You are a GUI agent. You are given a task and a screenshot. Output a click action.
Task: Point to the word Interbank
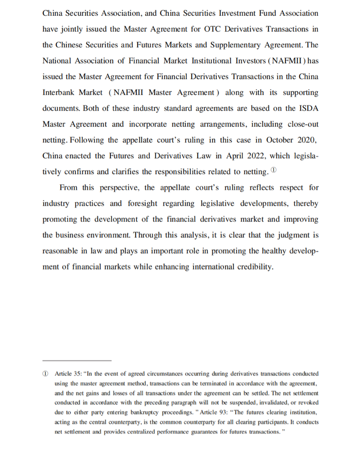coord(60,92)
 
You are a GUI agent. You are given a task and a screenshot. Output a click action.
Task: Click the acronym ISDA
coord(308,108)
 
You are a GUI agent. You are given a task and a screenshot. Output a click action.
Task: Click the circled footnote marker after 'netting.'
coord(275,171)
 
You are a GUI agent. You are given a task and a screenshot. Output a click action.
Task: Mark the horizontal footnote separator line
coord(77,360)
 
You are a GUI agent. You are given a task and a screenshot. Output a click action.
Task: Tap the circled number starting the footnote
coord(45,374)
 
